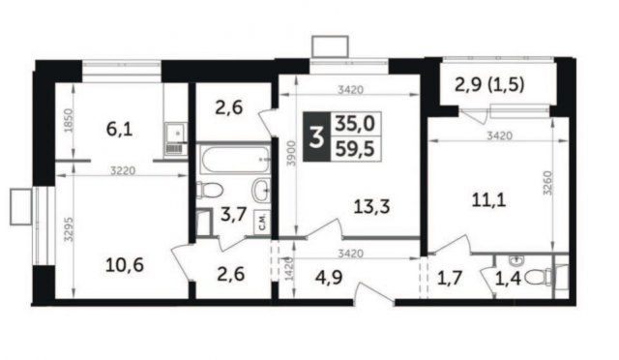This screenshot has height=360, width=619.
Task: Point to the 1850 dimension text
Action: coord(61,128)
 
